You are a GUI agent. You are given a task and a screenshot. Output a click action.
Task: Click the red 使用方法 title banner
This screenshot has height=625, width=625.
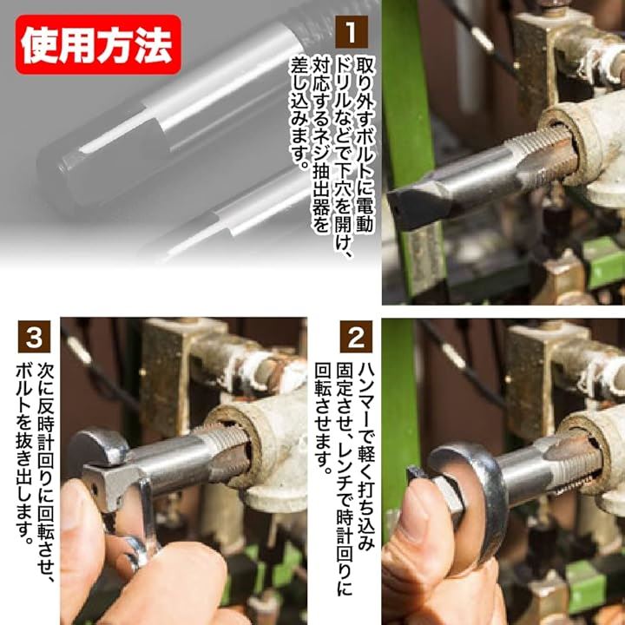click(x=98, y=44)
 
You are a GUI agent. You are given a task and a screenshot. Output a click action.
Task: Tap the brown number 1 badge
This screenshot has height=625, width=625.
click(x=352, y=32)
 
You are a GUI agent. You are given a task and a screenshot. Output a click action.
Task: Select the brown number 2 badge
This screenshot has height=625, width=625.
click(x=356, y=337)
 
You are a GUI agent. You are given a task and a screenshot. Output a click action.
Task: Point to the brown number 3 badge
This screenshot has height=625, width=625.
click(x=34, y=337)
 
